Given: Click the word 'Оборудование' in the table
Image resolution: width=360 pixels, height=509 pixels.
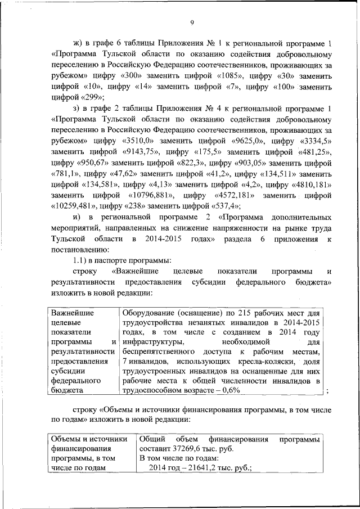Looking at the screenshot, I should [148, 313].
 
